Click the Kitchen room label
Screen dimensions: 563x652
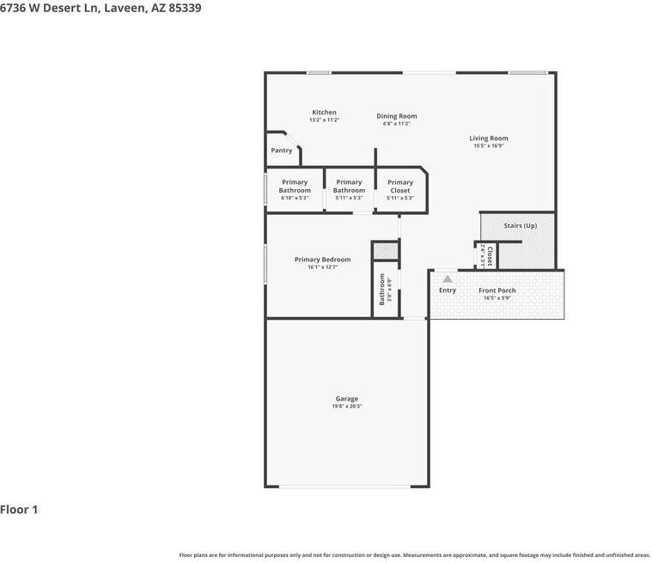coord(324,113)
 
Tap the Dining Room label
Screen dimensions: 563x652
coord(396,116)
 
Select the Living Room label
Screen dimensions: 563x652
coord(488,138)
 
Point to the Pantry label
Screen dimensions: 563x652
coord(282,150)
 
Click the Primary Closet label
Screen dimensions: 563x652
coord(399,186)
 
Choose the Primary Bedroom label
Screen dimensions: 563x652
coord(322,260)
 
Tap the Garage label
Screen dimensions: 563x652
coord(346,399)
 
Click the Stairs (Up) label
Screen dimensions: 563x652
coord(520,226)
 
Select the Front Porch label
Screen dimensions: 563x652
coord(497,291)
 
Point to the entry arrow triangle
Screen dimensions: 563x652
coord(448,278)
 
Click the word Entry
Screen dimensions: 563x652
coord(448,291)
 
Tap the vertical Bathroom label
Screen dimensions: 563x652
coord(382,290)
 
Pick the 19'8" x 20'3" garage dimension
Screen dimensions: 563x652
coord(346,407)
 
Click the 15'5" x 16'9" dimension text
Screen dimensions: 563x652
coord(488,146)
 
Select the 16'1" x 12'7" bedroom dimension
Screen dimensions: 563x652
coord(322,267)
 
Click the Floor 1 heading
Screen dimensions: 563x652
coord(19,510)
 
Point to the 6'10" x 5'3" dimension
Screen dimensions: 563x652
coord(295,198)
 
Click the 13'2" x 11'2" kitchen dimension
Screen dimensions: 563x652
coord(324,120)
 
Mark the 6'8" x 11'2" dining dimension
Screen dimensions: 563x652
coord(396,124)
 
